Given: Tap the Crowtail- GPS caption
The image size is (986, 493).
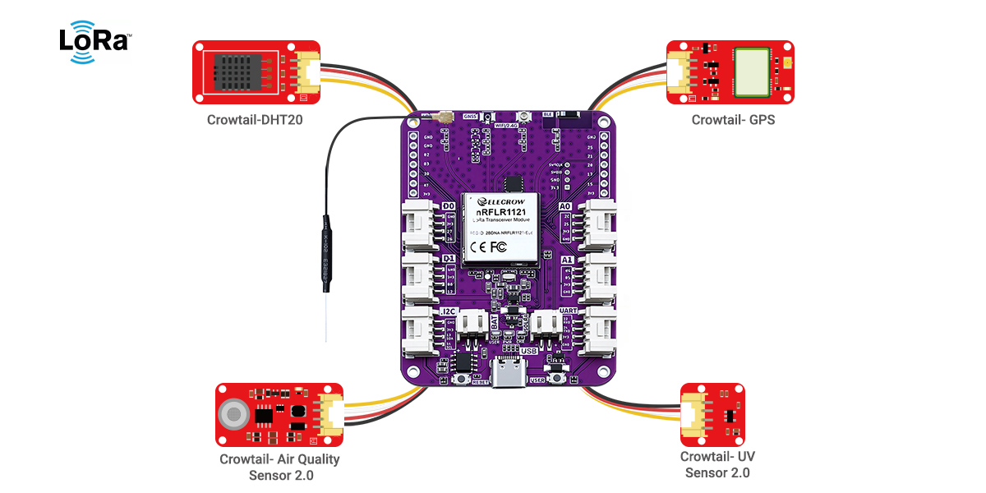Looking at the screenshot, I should pos(733,120).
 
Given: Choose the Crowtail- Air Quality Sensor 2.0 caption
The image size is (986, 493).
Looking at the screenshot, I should pos(279,468).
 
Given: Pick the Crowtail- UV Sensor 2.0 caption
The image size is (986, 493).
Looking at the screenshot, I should pos(717,464).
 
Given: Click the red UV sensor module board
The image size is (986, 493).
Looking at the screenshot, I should pos(713,414).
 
